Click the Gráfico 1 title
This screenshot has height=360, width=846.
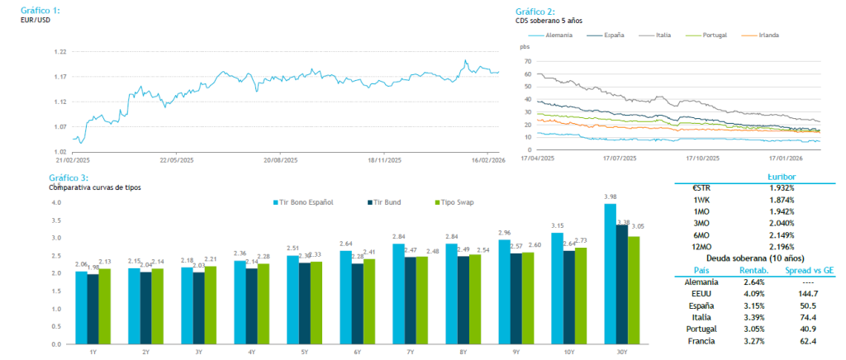[40, 10]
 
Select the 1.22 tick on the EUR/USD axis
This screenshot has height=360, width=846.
[59, 51]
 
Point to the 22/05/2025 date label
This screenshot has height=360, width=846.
[175, 160]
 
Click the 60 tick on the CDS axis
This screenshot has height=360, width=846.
[527, 74]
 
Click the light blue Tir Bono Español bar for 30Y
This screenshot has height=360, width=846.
[610, 273]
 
